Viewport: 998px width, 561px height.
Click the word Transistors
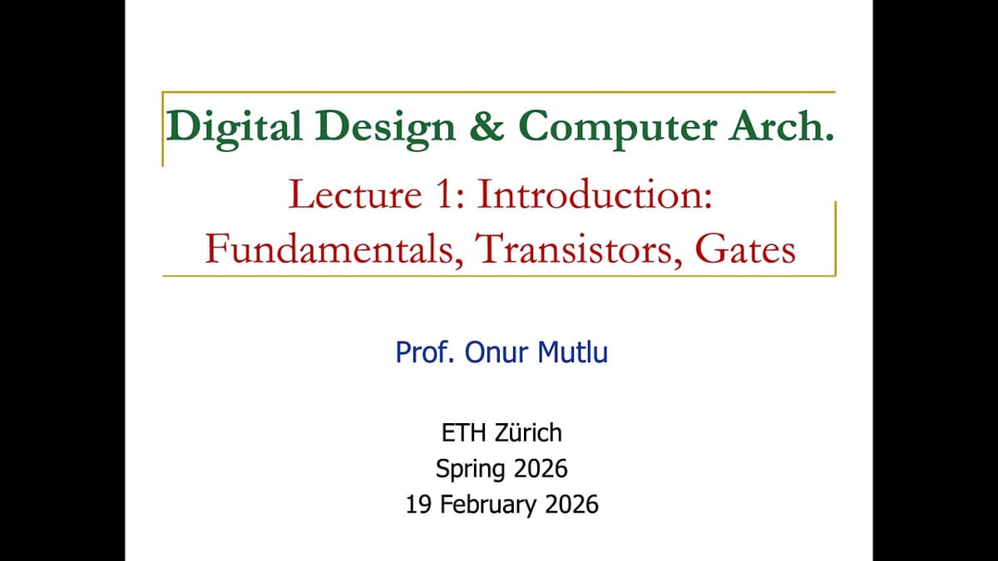tap(575, 249)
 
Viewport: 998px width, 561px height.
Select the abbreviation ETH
tap(460, 433)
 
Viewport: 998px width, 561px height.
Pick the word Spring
tap(469, 470)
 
